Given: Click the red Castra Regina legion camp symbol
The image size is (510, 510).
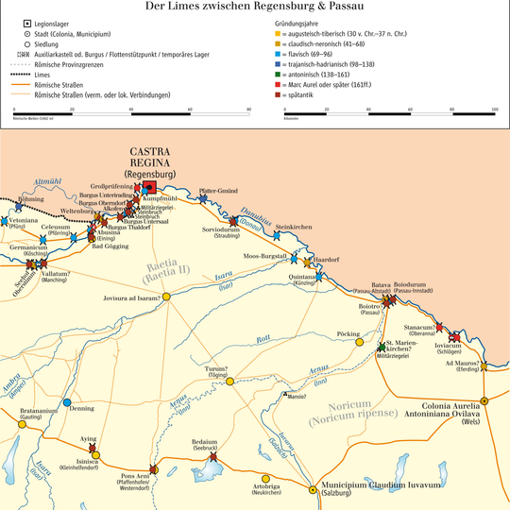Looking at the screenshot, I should tap(148, 187).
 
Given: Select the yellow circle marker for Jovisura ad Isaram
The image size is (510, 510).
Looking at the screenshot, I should tap(167, 297).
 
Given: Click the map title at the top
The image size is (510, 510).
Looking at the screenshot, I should tap(255, 7).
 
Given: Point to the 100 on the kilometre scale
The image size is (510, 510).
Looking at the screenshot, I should tap(494, 110).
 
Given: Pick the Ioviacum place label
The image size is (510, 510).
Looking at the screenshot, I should tap(449, 346).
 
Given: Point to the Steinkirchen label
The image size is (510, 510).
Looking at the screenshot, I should tap(293, 227).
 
